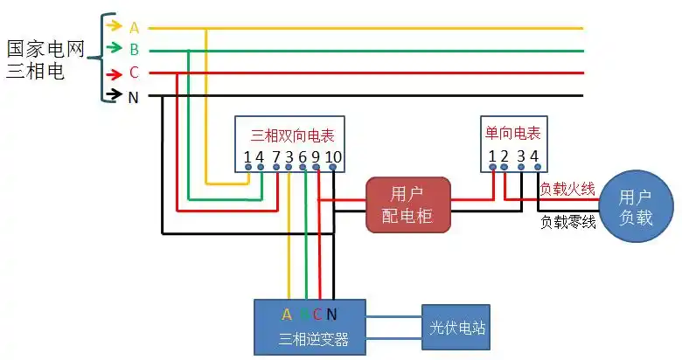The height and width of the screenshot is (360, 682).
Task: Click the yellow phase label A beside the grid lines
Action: click(134, 28)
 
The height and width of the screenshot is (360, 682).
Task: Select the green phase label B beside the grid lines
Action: click(134, 50)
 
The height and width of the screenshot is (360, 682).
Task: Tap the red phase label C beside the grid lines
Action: click(134, 73)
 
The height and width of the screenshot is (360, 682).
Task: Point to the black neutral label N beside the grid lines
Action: click(134, 97)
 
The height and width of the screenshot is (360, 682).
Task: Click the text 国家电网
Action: click(45, 49)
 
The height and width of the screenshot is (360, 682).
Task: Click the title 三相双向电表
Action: click(292, 135)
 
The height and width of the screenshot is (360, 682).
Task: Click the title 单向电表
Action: click(512, 133)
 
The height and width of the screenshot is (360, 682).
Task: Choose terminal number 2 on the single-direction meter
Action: click(505, 156)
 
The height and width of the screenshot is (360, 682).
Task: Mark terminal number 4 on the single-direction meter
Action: click(534, 156)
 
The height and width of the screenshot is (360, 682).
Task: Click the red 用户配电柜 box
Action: click(407, 204)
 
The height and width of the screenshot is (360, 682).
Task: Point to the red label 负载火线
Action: click(567, 189)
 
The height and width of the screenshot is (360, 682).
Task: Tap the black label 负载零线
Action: click(568, 222)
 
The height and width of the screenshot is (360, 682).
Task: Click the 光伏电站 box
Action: click(456, 329)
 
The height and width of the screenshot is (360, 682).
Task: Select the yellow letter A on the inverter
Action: click(287, 315)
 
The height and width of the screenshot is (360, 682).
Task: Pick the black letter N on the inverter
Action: click(331, 315)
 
